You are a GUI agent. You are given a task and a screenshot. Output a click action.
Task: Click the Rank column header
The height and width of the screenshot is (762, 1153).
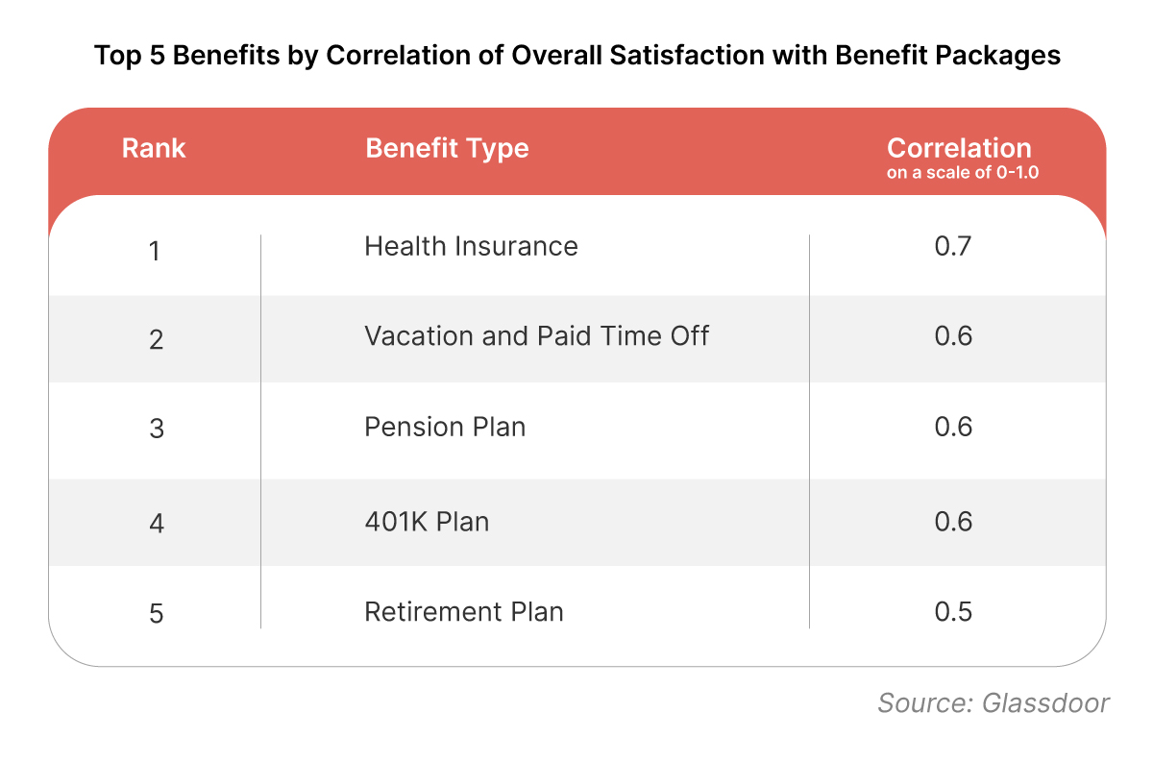coord(154,149)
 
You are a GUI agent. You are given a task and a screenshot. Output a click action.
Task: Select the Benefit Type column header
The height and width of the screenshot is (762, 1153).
coord(447,149)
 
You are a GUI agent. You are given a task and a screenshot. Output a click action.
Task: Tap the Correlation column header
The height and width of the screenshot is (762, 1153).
coord(958,148)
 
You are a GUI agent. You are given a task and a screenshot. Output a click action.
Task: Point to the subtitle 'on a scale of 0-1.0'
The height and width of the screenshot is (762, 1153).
coord(958,174)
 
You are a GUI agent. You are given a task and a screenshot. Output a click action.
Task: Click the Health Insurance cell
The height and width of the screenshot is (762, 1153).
coord(471,247)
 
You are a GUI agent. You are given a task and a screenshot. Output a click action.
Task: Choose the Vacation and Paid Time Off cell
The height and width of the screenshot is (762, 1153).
coord(536,336)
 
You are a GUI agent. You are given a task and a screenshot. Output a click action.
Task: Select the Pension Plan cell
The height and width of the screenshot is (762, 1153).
coord(445,427)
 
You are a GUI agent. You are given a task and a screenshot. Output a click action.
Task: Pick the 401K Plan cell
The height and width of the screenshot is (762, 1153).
coord(427,522)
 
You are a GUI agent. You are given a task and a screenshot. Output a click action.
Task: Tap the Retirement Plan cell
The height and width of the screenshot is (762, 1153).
coord(463,612)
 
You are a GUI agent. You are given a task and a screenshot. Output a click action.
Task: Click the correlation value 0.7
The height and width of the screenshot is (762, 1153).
coord(953,247)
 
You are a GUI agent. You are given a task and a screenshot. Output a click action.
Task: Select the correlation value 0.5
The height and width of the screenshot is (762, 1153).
coord(953,612)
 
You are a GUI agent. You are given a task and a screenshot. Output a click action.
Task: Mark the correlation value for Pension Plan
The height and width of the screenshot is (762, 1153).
coord(953,427)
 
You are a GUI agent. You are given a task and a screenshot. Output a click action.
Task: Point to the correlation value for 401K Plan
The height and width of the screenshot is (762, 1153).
coord(953,522)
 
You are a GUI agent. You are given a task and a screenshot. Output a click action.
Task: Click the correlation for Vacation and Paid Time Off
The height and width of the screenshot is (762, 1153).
coord(953,336)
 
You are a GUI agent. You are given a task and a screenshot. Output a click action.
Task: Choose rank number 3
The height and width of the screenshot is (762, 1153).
coord(155,429)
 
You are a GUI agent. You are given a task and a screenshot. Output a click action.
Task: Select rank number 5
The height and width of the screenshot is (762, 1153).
coord(155,614)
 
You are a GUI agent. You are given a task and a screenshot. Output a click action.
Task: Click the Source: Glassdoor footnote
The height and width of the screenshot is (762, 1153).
coord(994,702)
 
